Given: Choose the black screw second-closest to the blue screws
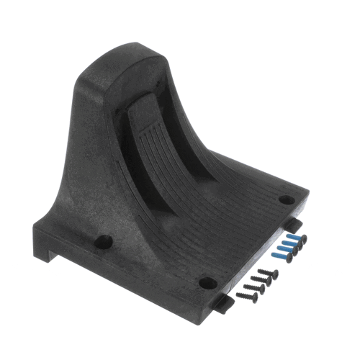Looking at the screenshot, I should tap(264, 280).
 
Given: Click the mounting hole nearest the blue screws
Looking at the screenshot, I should tap(286, 200).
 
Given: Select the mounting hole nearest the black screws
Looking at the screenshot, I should tap(206, 282).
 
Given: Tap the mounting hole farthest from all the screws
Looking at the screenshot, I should tap(104, 242).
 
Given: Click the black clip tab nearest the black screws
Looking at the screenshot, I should tap(225, 305).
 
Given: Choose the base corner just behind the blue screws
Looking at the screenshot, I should tap(302, 198).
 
